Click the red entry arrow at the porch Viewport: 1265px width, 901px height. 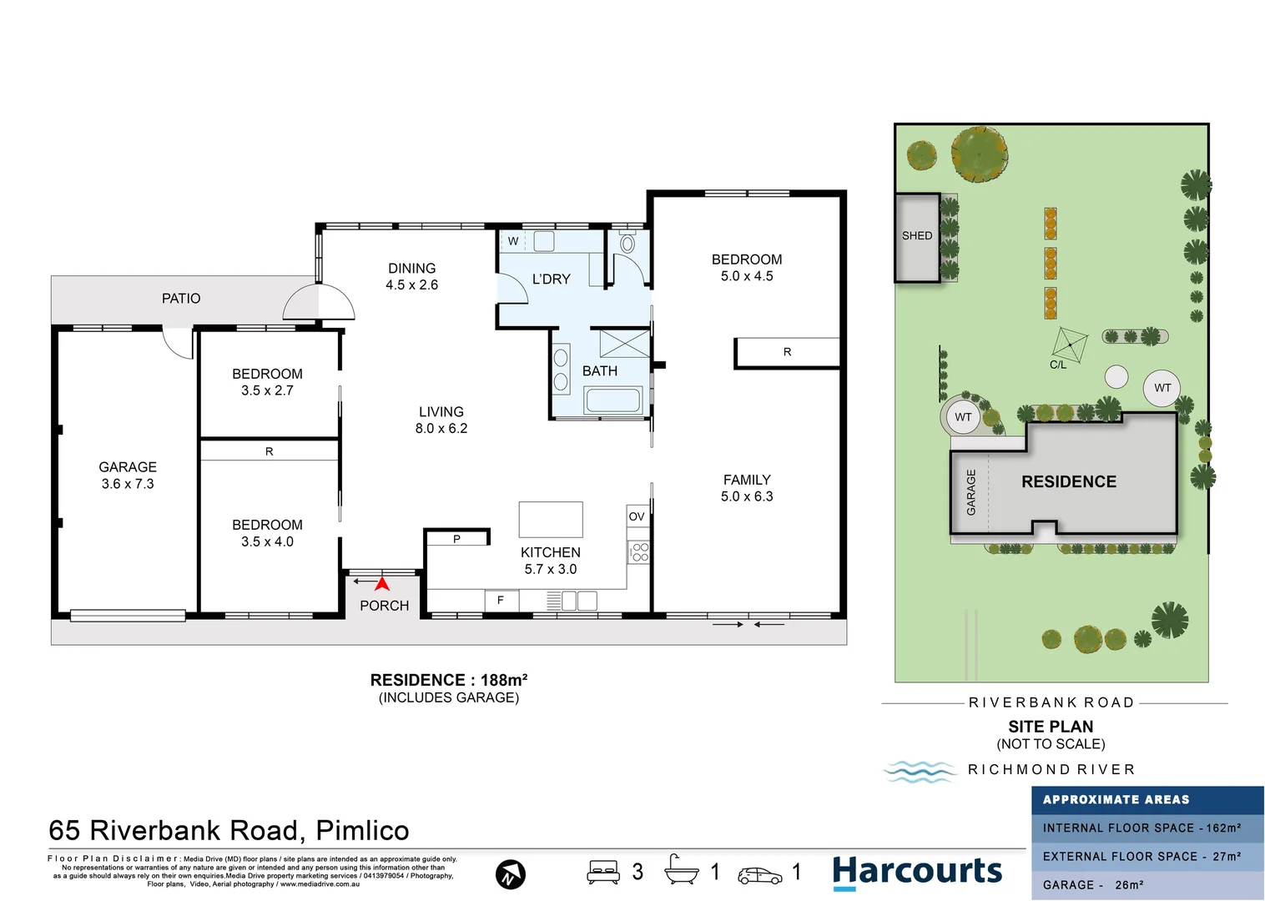coord(382,583)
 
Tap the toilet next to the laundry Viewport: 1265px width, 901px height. coord(627,242)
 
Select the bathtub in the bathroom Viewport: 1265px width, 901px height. coord(612,400)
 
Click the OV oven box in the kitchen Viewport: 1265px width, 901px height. coord(637,516)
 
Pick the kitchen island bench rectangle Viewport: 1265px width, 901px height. coord(551,520)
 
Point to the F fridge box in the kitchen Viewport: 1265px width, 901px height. coord(501,600)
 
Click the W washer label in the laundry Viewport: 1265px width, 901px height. coord(513,241)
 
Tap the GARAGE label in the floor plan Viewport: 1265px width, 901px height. coord(128,467)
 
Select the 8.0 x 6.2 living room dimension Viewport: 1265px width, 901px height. coord(441,429)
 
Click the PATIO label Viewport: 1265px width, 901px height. coord(181,298)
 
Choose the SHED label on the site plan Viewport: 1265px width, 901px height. coord(916,235)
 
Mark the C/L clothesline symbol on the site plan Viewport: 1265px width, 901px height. coord(1070,345)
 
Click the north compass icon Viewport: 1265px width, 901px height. coord(510,874)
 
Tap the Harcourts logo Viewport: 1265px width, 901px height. coord(917,872)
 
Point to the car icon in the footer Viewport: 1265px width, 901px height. coord(760,875)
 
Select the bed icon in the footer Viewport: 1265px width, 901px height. coord(603,872)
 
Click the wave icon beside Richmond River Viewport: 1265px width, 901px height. coord(920,771)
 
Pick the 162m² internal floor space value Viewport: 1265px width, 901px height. coord(1224,828)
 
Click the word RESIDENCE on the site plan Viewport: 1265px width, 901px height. coord(1068,481)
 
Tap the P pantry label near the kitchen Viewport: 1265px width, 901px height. coord(456,539)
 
